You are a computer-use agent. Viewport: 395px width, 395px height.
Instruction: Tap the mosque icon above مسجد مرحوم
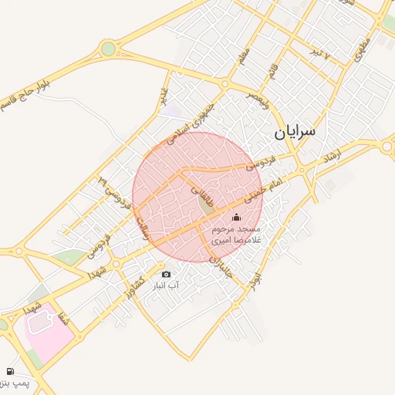(x=236, y=217)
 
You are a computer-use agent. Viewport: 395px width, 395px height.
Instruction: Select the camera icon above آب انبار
(x=166, y=274)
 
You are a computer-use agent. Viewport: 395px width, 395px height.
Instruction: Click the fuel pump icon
(x=10, y=372)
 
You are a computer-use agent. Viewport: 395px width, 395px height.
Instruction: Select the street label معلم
(x=244, y=56)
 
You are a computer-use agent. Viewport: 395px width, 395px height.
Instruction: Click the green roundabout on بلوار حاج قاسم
(x=108, y=49)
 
